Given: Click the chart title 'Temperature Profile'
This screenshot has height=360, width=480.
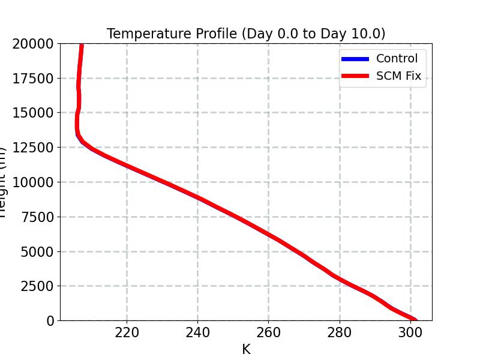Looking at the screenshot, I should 246,34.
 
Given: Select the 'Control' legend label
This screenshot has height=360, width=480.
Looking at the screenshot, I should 397,59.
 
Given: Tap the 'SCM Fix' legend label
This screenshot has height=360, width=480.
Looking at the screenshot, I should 398,76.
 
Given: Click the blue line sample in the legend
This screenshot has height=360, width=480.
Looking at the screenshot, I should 355,59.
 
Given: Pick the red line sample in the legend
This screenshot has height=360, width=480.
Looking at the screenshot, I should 355,76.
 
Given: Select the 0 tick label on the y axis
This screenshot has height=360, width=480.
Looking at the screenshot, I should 50,321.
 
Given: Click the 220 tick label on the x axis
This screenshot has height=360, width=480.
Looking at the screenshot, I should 127,333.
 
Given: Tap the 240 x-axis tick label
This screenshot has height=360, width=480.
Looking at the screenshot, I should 197,333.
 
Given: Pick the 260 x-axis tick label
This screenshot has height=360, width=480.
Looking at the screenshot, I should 268,333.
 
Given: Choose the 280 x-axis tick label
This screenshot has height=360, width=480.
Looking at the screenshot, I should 339,333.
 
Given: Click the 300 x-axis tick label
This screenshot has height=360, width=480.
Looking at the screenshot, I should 410,333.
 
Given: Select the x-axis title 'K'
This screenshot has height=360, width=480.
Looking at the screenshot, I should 246,349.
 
